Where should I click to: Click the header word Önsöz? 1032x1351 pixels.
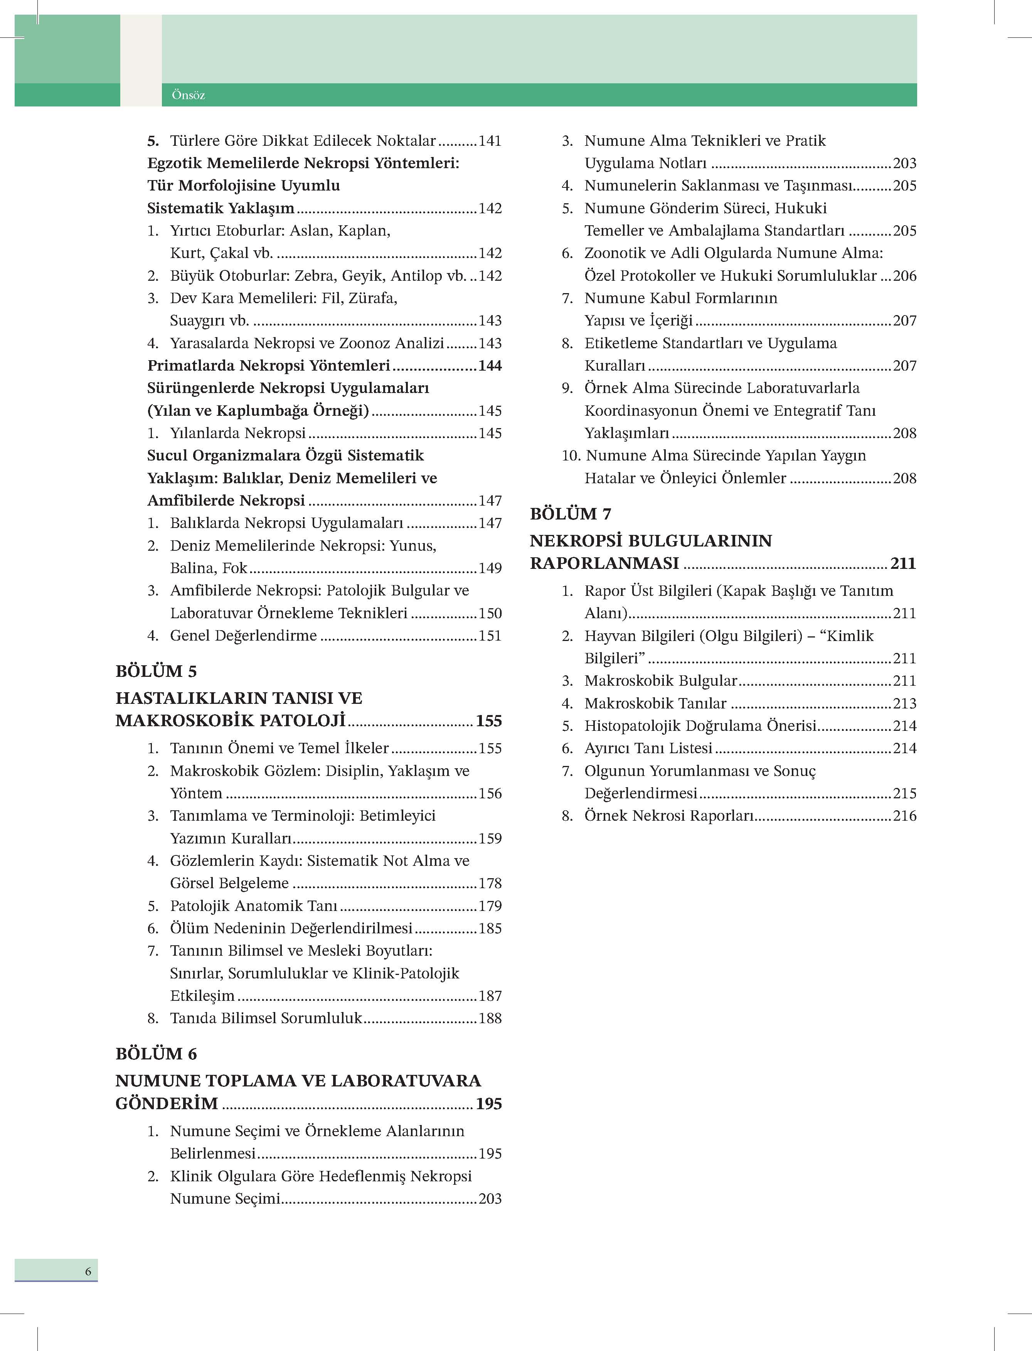tap(188, 95)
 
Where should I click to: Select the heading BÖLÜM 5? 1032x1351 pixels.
tap(156, 671)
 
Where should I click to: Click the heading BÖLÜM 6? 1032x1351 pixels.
tap(156, 1054)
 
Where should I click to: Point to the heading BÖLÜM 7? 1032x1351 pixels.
tap(570, 514)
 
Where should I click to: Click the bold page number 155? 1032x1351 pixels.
tap(488, 721)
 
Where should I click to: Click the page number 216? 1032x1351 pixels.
tap(904, 816)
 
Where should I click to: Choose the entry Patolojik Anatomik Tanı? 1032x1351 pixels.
tap(254, 906)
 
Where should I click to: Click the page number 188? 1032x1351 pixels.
tap(490, 1018)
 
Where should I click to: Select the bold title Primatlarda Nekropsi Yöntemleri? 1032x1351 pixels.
tap(268, 366)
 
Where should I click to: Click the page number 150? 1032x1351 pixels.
tap(490, 613)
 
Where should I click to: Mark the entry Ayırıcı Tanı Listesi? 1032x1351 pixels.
tap(648, 748)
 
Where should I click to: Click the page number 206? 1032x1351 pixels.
tap(904, 276)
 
